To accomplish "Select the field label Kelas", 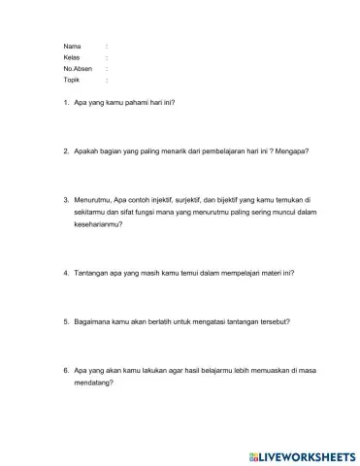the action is (70, 57).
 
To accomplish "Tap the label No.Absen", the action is (76, 69).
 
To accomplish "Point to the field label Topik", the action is (70, 81).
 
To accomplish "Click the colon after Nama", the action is (106, 46).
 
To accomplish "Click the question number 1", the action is (65, 102).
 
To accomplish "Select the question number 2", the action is (65, 151).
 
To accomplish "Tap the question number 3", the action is (65, 201).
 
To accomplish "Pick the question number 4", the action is (65, 273).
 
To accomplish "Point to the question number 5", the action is (65, 321).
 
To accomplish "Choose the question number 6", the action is (65, 370).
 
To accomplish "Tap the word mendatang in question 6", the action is (94, 382).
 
